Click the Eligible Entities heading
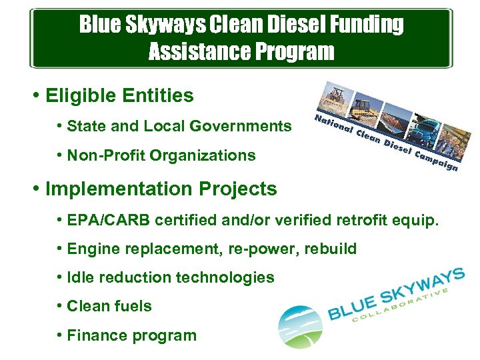click(x=119, y=96)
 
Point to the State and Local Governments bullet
click(x=179, y=126)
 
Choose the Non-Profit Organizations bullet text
click(x=161, y=156)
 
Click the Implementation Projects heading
click(x=161, y=189)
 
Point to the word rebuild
click(x=331, y=249)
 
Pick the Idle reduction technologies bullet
click(x=171, y=278)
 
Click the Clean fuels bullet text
click(x=109, y=307)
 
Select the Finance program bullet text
click(x=132, y=335)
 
